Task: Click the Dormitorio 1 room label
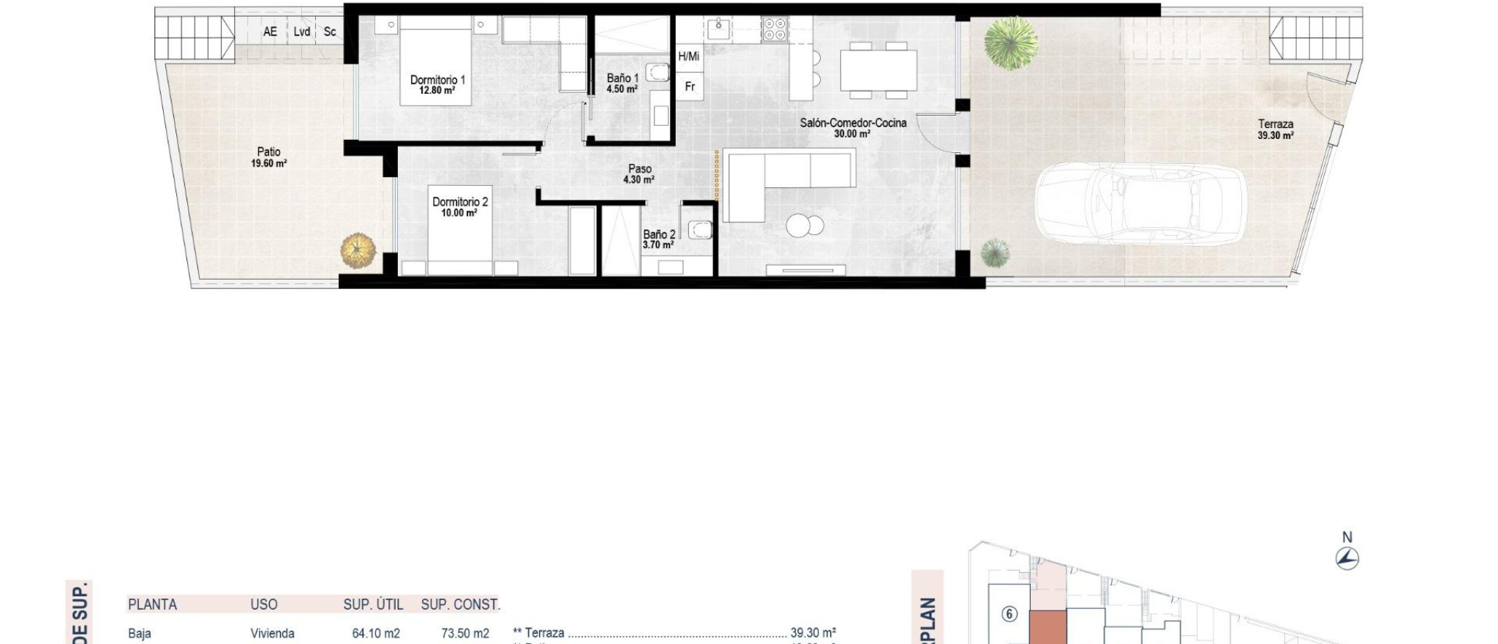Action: pos(437,80)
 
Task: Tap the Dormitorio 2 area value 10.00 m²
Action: pos(459,213)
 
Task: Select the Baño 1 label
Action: pos(622,78)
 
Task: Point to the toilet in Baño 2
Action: pos(701,230)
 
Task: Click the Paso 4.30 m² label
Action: pos(639,173)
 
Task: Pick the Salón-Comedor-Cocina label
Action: pos(853,123)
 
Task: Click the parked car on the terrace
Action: pos(1140,204)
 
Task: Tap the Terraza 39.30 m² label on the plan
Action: pos(1276,130)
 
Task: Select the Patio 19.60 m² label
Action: pos(268,157)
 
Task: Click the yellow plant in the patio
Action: pos(358,250)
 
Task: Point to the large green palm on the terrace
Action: pos(1011,43)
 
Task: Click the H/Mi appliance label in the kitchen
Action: pos(688,56)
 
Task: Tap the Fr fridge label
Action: pos(689,86)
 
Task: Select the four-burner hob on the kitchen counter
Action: pos(774,30)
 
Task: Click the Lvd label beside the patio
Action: pos(302,31)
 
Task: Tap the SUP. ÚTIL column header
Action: pos(373,604)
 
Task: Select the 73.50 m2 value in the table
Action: pos(465,633)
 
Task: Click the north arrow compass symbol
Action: pos(1347,559)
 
